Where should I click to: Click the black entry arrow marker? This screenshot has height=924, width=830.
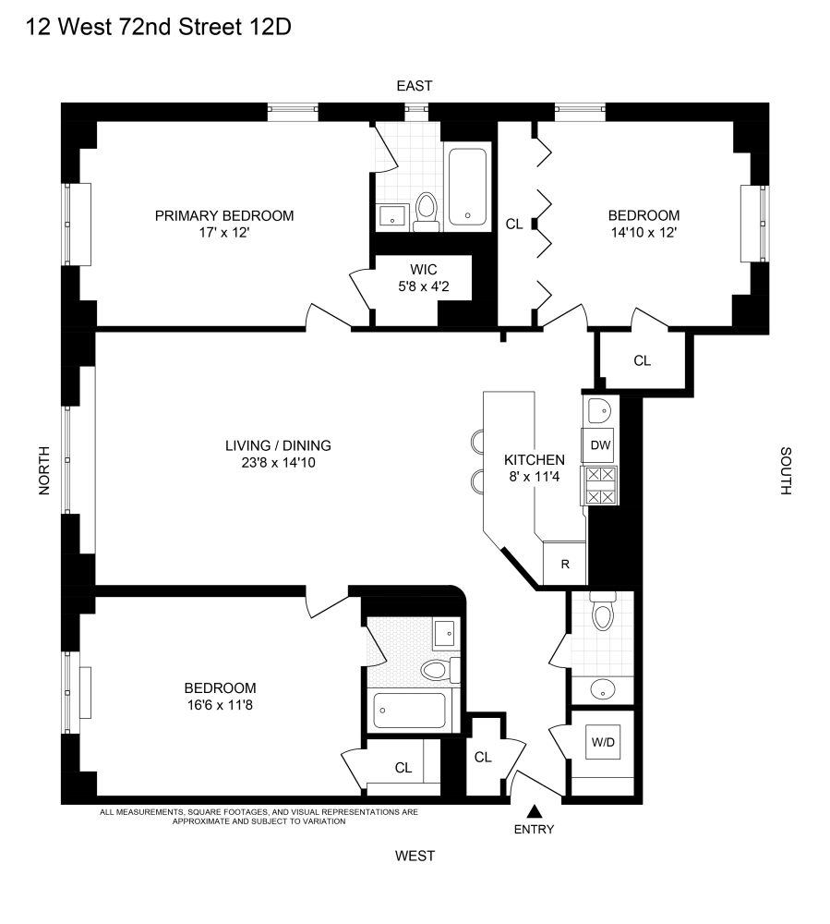click(x=534, y=811)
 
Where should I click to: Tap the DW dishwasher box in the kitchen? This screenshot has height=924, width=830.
click(x=601, y=445)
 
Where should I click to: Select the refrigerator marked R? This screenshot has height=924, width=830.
click(x=565, y=564)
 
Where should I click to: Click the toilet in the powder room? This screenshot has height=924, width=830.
click(x=604, y=614)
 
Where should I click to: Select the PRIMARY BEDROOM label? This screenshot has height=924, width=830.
click(x=224, y=215)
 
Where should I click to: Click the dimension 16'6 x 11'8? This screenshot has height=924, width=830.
click(x=220, y=705)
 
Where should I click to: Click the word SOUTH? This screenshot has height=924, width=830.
click(x=785, y=471)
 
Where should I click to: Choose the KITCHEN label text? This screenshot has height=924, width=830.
click(x=534, y=459)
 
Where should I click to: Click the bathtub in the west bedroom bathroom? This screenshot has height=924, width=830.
click(x=410, y=711)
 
